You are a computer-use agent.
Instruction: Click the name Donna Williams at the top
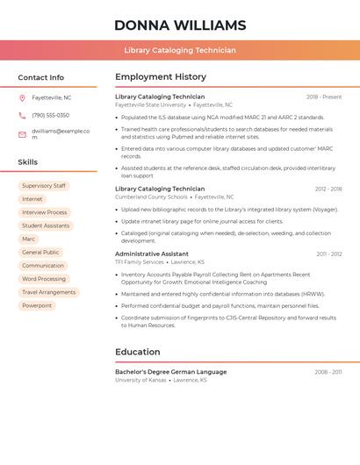coord(180,25)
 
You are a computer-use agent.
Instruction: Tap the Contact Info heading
coord(40,77)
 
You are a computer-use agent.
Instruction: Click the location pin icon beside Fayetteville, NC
coord(22,97)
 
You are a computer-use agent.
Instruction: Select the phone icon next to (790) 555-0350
coord(22,115)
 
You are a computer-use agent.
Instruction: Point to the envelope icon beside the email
coord(22,133)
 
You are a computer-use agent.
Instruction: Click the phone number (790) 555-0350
coord(50,115)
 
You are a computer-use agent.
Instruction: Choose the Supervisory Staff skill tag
coord(44,186)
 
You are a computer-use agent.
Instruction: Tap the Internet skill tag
coord(32,199)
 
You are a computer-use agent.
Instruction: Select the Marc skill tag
coord(29,239)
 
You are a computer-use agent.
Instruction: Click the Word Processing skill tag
coord(44,279)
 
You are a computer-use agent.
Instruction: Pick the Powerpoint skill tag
coord(37,305)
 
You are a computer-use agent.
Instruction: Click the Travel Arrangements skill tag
coord(49,292)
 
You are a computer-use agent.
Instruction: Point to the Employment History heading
coord(161,77)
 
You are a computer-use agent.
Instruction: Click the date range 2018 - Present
coord(324,97)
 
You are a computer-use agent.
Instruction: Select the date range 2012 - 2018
coord(328,189)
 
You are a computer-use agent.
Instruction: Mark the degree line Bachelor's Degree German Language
coord(170,372)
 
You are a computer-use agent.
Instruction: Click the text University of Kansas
coord(140,380)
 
